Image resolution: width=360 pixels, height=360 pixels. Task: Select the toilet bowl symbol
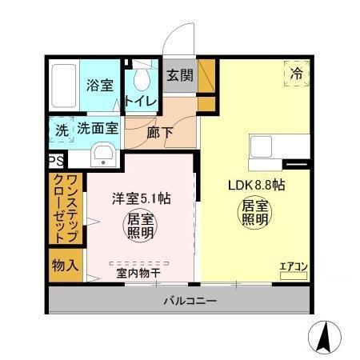coord(142,79)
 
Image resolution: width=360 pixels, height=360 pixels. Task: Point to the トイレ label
coord(141,102)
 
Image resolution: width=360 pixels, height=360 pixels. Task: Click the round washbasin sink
coord(102,155)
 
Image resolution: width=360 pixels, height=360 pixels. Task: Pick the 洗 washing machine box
coord(61,128)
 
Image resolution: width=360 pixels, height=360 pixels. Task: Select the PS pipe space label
coord(55,161)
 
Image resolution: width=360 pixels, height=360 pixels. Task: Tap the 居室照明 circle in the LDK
coord(251,213)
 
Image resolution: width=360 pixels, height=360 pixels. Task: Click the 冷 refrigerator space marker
coord(294,73)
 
